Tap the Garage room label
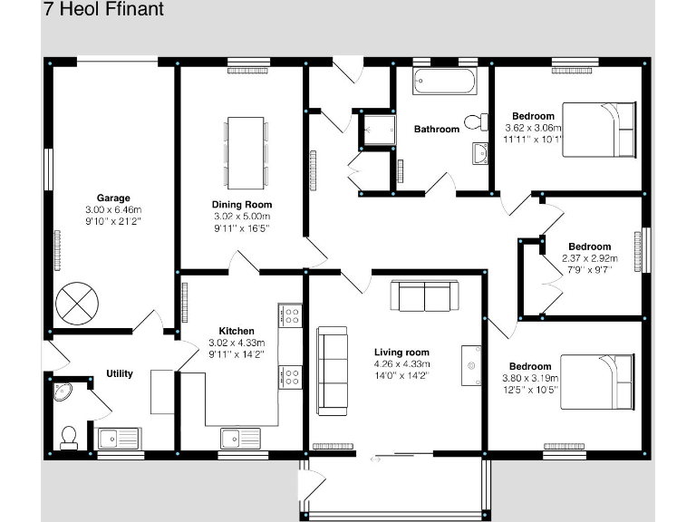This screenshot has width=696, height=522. click(x=113, y=198)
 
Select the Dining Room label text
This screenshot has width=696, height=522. click(x=242, y=205)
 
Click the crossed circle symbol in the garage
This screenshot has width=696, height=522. click(x=75, y=303)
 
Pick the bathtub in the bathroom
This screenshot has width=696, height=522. click(x=444, y=82)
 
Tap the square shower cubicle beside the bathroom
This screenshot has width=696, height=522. click(x=377, y=130)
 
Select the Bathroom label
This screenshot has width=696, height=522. click(x=437, y=130)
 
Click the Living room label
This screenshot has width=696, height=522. click(x=401, y=353)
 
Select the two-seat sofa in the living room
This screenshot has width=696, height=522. click(x=424, y=296)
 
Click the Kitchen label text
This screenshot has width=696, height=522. click(x=237, y=332)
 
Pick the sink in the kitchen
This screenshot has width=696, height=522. click(x=240, y=437)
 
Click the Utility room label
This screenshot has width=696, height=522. click(x=119, y=373)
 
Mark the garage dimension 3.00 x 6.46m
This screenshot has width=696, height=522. click(x=113, y=209)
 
